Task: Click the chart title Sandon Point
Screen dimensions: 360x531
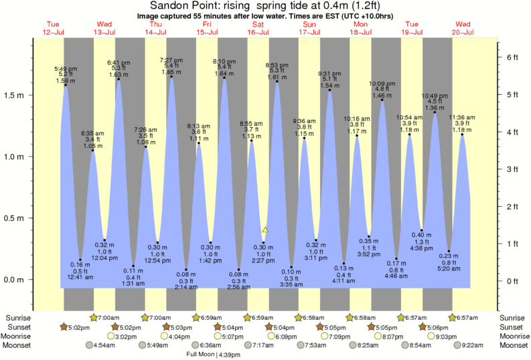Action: point(265,5)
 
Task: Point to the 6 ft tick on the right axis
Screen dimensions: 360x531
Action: point(513,58)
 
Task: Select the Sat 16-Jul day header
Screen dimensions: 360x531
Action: point(258,28)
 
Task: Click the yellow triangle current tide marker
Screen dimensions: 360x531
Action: point(265,230)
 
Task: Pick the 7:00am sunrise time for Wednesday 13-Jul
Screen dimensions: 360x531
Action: point(109,317)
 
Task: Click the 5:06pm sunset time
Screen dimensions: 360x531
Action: point(435,327)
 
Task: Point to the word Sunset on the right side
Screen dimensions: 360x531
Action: point(514,327)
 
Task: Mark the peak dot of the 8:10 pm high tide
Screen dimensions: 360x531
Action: point(224,78)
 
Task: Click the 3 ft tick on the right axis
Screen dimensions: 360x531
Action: point(513,169)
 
